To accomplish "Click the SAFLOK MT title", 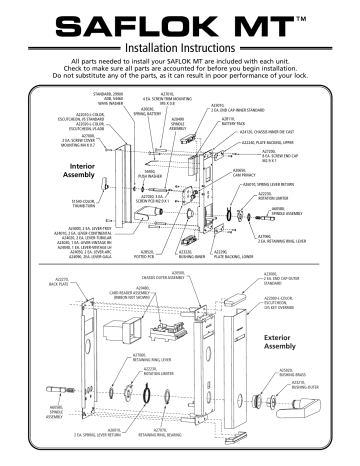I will pyautogui.click(x=180, y=21).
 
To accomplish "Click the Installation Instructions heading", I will pyautogui.click(x=180, y=44).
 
